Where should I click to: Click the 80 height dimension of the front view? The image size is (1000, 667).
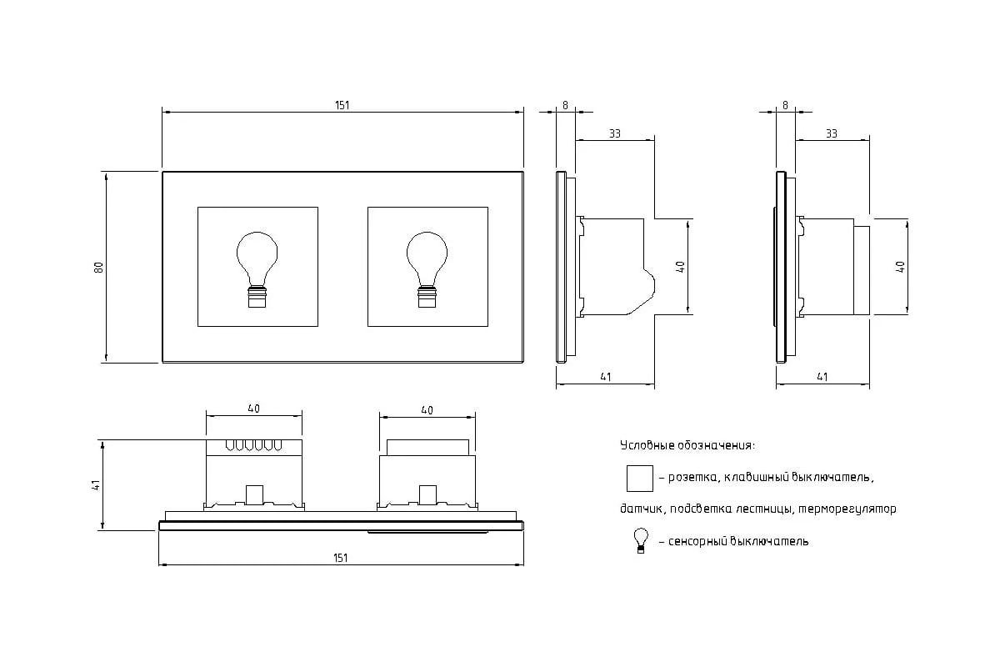point(98,267)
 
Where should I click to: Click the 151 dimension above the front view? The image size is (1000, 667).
point(342,105)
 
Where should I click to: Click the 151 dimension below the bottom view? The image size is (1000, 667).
point(340,558)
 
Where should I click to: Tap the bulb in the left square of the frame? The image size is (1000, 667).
point(257,269)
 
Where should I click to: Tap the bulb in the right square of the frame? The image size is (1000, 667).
point(427,269)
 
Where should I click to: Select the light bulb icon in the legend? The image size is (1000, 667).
point(641,540)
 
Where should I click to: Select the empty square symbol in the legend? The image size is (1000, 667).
point(640,479)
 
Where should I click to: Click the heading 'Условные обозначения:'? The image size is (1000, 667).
point(687,445)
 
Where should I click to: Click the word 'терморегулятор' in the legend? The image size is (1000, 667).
point(847,509)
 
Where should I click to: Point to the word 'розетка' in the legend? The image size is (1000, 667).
point(692,478)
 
